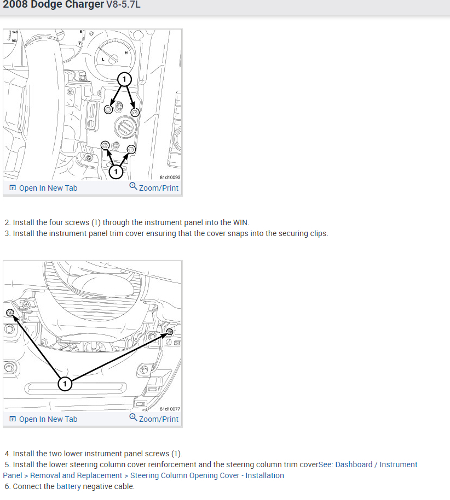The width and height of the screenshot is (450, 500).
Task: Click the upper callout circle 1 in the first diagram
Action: [x=124, y=79]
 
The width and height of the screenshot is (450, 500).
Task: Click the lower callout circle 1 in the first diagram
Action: [x=116, y=172]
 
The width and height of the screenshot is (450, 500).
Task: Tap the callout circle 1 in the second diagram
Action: [x=65, y=384]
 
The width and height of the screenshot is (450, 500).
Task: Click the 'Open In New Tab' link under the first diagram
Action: [x=43, y=188]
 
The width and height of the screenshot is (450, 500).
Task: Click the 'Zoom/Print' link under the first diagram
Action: [x=154, y=187]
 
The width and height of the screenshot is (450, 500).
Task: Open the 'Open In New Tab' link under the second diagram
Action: [x=43, y=419]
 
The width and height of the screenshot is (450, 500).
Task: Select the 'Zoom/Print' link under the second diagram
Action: [x=154, y=419]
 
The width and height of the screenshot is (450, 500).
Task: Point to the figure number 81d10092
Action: [x=170, y=177]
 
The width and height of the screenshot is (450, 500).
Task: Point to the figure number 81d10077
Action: [x=170, y=409]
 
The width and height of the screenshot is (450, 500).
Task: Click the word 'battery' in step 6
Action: [x=68, y=486]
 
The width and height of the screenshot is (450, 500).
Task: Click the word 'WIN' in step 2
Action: [x=240, y=222]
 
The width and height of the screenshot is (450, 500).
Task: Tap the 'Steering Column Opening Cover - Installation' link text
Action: [x=207, y=475]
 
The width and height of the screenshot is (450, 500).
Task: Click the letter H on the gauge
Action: [x=126, y=53]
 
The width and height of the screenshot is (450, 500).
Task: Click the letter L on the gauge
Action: [x=103, y=60]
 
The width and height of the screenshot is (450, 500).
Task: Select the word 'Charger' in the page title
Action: [x=84, y=4]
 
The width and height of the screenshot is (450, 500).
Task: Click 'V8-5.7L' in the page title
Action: [x=123, y=4]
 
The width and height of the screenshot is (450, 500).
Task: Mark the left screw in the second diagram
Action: [x=10, y=312]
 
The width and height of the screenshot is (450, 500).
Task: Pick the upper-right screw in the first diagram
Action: [x=135, y=112]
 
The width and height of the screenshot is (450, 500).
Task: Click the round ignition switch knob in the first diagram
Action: [x=125, y=127]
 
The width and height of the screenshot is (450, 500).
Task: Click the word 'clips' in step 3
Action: [x=319, y=234]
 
